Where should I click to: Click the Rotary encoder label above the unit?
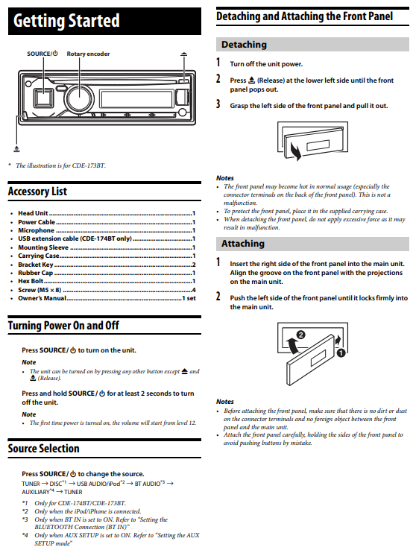click(x=88, y=54)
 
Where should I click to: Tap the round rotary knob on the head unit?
click(x=78, y=98)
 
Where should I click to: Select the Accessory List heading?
click(x=37, y=192)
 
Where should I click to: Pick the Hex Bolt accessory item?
click(x=34, y=281)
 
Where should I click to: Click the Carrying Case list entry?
click(x=39, y=256)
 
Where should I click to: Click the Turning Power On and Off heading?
click(x=63, y=326)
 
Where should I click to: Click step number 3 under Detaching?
click(x=218, y=105)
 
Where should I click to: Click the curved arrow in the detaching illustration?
click(x=294, y=154)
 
